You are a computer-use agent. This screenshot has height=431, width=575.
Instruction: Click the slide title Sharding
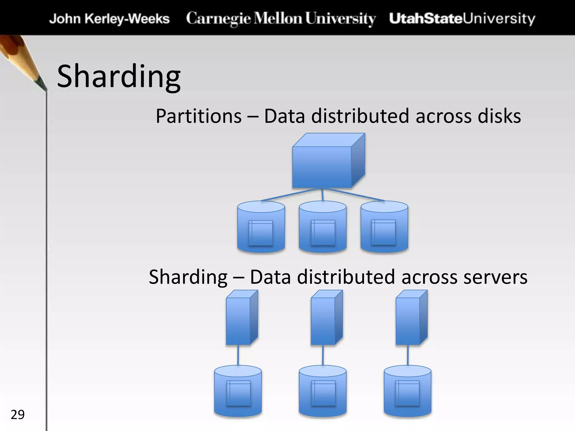(x=119, y=76)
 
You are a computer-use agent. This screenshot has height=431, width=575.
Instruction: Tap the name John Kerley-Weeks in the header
(x=109, y=19)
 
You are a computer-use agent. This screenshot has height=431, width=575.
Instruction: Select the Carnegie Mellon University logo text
(x=281, y=19)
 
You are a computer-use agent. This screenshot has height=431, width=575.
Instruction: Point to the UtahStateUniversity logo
(x=462, y=19)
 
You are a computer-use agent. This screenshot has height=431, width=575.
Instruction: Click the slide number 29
(x=17, y=415)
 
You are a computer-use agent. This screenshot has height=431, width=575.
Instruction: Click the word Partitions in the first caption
(x=198, y=116)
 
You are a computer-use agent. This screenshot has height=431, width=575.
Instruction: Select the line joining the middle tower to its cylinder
(x=323, y=355)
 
